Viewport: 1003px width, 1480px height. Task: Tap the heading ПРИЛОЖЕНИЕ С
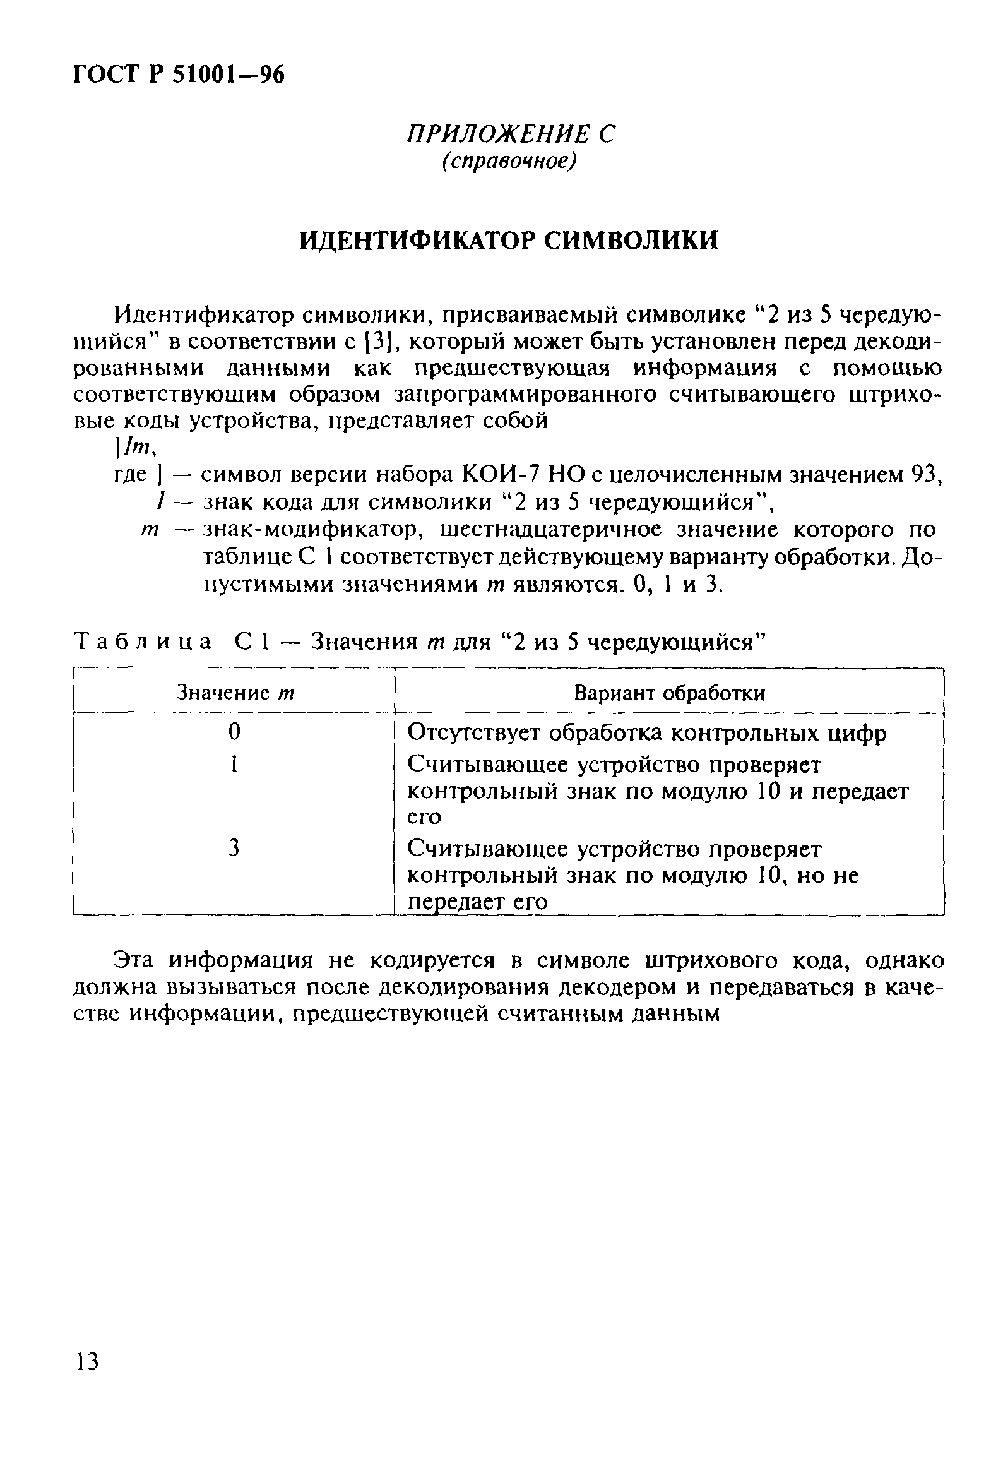[511, 134]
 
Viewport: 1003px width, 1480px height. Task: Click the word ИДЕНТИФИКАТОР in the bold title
[418, 240]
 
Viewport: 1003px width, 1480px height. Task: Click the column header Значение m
[234, 692]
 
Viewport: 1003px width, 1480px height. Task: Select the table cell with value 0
[234, 732]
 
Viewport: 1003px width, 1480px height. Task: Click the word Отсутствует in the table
[474, 733]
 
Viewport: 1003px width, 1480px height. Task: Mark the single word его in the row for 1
[424, 817]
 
